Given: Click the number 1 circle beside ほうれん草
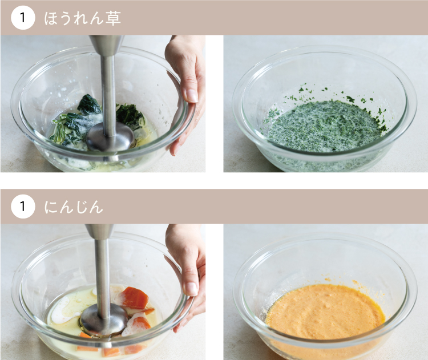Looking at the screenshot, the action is coord(23,18).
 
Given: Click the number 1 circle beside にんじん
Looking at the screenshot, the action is coord(23,207).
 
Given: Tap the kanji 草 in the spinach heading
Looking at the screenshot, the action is coord(113,18).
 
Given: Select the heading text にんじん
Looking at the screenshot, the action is coord(74,207).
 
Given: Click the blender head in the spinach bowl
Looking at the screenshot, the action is coord(111,137).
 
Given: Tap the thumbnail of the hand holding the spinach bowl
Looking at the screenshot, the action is coord(191,95).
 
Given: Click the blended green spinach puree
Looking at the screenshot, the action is coord(324,126).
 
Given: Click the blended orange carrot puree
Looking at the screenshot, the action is coord(325,311).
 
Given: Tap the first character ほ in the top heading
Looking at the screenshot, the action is coord(51,19).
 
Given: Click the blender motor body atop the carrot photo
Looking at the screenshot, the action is coord(100,233).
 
